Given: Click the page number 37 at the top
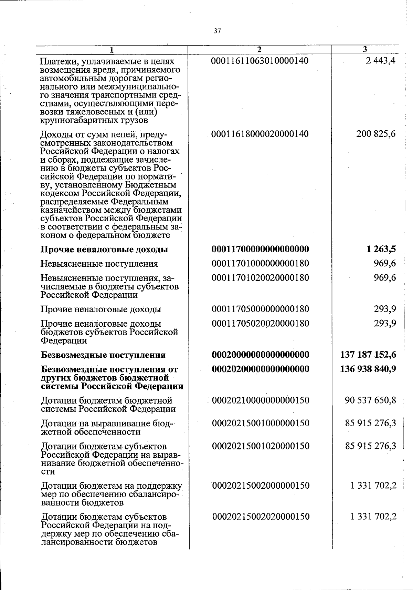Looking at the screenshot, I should coord(217,31).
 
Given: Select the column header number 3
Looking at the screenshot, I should coord(365,49).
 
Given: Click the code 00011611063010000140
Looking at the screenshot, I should coord(260,61).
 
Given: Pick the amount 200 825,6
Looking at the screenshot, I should coord(376,134).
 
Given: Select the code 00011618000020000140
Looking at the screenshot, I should coord(260,134).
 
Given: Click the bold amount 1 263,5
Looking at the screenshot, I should coord(381,249).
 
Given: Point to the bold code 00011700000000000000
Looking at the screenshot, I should coord(261,249).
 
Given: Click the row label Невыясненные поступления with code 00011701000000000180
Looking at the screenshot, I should coord(99,264).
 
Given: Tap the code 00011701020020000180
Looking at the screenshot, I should coord(261,277).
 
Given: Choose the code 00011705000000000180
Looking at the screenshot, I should coord(261,309).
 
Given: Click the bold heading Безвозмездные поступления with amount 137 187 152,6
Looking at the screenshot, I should coord(103,355).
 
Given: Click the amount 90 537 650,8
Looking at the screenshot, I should coord(371,400).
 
